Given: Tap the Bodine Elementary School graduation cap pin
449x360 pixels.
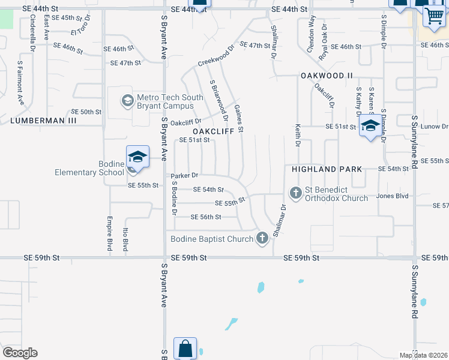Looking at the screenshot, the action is [x=137, y=157].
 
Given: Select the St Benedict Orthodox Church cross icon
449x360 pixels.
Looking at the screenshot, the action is [x=295, y=193].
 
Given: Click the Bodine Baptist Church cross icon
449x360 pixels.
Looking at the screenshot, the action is [x=262, y=239].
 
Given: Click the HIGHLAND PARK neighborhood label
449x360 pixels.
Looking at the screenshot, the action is [x=327, y=169].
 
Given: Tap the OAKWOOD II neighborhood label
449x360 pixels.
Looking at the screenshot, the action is [x=327, y=76].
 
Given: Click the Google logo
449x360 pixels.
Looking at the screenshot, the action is [x=20, y=353].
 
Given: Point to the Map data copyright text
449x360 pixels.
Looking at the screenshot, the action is [x=423, y=355].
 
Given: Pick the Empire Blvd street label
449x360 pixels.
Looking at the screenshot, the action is [x=110, y=234].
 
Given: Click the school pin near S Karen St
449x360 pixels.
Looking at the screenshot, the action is [x=370, y=126].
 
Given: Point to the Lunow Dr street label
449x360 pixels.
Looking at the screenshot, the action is [x=436, y=127].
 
